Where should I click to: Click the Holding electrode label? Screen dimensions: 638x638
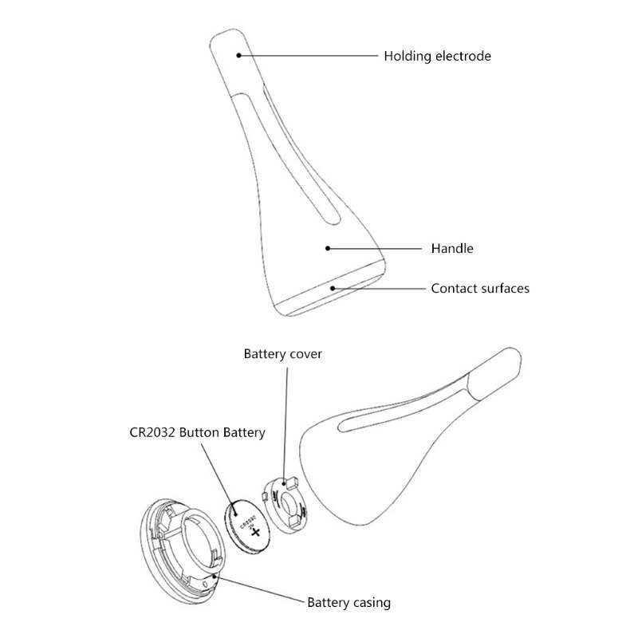point(437,56)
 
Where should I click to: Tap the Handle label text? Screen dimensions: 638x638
point(451,249)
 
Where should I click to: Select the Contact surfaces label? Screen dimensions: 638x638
point(479,288)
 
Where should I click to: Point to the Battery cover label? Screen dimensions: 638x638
point(282,353)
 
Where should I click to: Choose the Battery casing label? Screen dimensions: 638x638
point(349,602)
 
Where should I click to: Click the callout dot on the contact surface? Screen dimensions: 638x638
point(333,288)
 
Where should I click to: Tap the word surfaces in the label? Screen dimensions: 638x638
point(503,288)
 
